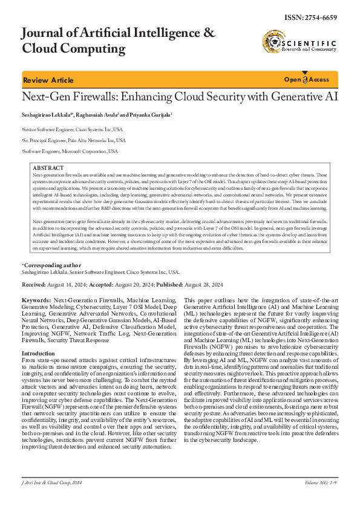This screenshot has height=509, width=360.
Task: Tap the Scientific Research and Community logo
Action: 298,42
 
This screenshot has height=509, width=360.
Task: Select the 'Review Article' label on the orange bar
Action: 48,80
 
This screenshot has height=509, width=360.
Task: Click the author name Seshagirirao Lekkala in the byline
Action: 47,115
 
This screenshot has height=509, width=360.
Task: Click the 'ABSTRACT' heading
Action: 47,167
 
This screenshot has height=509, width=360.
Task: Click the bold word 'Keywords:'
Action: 36,300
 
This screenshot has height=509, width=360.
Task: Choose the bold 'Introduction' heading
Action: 38,353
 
